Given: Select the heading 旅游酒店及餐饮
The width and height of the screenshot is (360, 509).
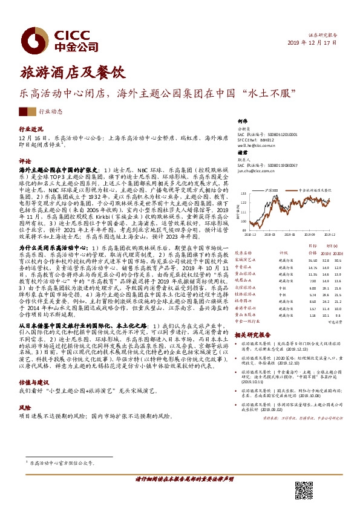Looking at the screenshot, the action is click(72, 73).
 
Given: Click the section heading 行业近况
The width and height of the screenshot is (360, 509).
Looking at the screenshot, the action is click(31, 129).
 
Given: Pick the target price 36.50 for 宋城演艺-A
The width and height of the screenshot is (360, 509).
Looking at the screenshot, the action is click(296, 259).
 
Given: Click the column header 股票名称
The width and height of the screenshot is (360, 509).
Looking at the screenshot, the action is click(243, 253).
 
